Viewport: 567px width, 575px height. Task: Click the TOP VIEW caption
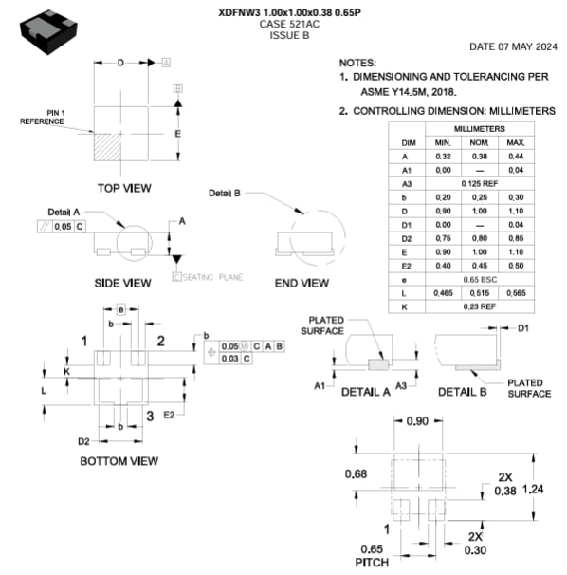[123, 188]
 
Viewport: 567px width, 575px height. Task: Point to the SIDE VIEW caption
[122, 283]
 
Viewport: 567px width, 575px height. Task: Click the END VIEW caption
[302, 283]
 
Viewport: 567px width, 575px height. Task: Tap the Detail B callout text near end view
[225, 193]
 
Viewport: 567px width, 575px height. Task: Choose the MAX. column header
[515, 141]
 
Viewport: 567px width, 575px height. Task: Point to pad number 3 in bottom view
[150, 416]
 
